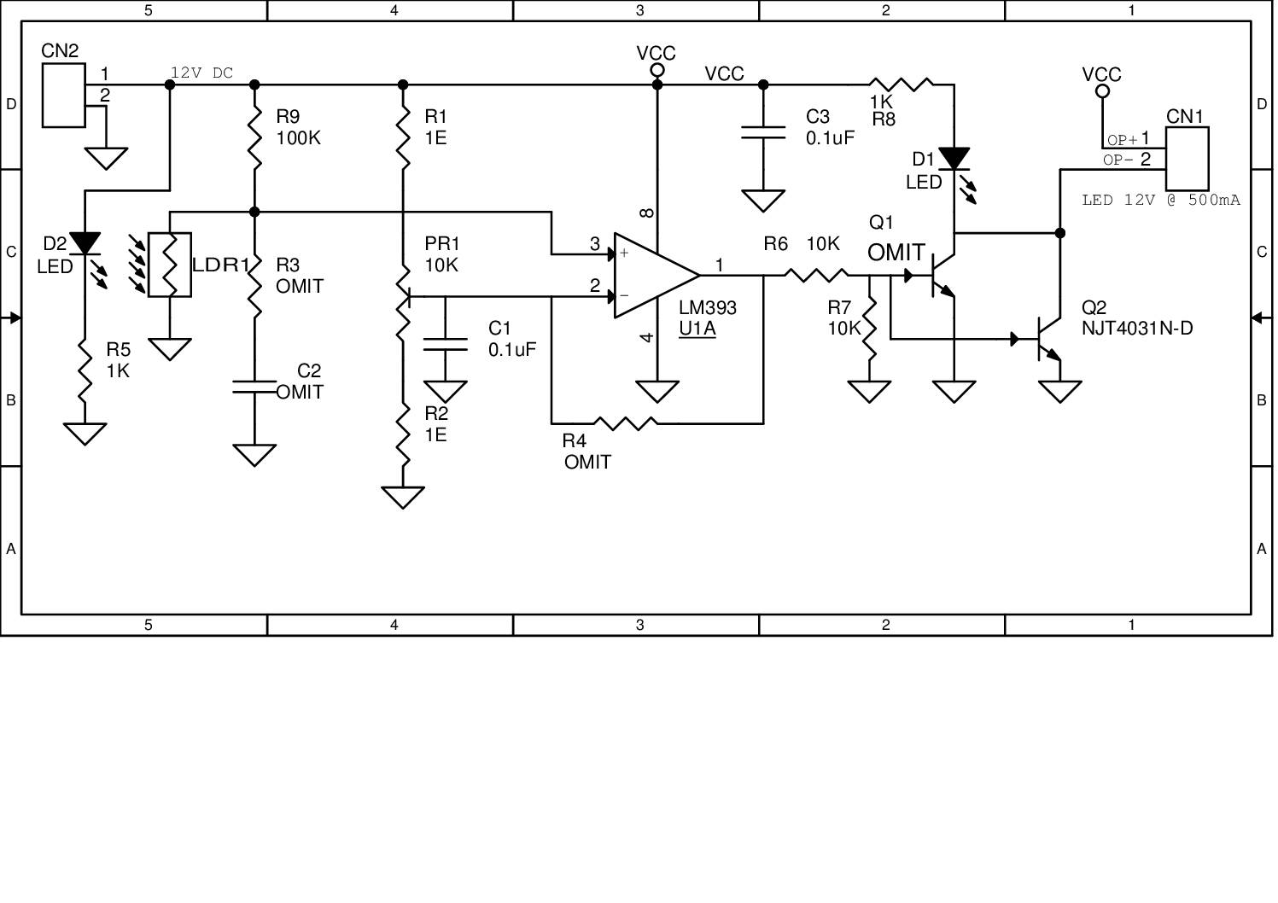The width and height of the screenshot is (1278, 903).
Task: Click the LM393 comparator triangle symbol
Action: click(653, 275)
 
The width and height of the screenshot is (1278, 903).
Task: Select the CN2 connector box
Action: click(64, 95)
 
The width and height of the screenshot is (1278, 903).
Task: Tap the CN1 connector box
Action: click(1187, 159)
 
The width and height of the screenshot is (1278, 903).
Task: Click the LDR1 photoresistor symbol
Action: click(169, 265)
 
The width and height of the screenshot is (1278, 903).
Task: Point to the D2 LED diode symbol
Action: click(85, 244)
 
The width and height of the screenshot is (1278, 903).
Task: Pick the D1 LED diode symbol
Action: click(954, 159)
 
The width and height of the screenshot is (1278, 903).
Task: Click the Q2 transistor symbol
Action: click(1047, 339)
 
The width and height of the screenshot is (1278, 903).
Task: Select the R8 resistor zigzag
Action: click(901, 84)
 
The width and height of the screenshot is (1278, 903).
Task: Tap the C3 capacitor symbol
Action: click(763, 132)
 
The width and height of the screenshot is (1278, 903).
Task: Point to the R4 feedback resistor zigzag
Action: click(626, 422)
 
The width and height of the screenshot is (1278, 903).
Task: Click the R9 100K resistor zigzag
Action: click(254, 137)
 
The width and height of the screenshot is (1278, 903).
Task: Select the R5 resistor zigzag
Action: click(85, 371)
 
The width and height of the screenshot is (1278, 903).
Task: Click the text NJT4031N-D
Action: click(1136, 329)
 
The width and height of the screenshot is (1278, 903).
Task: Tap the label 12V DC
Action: click(201, 73)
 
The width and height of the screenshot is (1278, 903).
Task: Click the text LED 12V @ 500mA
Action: click(1160, 201)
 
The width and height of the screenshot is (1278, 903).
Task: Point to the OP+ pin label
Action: click(1122, 140)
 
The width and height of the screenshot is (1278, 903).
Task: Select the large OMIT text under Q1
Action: click(896, 253)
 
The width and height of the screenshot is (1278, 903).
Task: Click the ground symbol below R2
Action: click(403, 497)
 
